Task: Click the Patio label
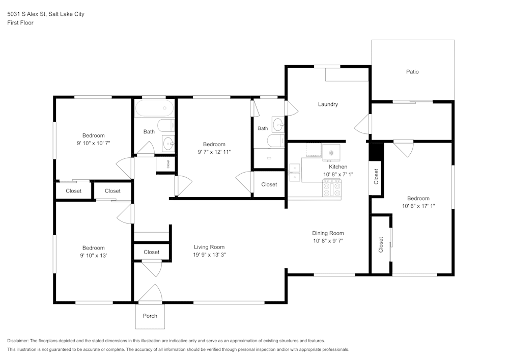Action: [x=412, y=72]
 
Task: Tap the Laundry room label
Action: [x=328, y=104]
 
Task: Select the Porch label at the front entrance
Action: [x=150, y=316]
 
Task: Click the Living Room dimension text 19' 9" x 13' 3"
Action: [x=209, y=255]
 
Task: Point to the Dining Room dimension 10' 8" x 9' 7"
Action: [x=328, y=241]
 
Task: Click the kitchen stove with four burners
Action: [x=332, y=189]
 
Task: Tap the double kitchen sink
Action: [x=295, y=173]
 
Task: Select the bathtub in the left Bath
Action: [x=155, y=108]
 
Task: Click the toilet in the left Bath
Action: [x=166, y=126]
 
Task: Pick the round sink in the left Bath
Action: [x=168, y=143]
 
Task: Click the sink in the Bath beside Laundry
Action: [x=278, y=125]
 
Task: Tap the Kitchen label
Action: [x=338, y=167]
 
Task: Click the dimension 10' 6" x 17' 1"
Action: [x=418, y=206]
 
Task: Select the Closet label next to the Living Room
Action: [x=152, y=252]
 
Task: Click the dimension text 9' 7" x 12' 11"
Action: [x=214, y=152]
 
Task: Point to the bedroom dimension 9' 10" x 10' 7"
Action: [x=94, y=143]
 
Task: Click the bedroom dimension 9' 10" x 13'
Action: [x=94, y=256]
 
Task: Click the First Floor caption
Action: [x=20, y=23]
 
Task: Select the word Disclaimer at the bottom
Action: [x=17, y=341]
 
